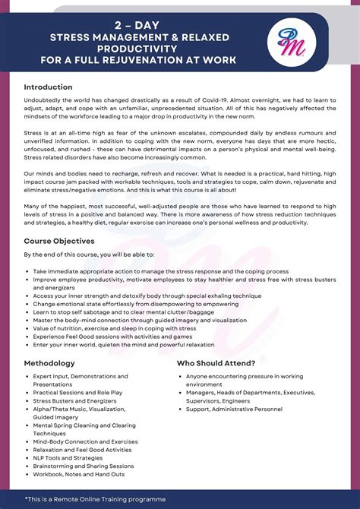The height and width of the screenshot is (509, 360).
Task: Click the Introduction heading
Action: tap(48, 87)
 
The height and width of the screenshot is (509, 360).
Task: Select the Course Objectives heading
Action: tap(58, 240)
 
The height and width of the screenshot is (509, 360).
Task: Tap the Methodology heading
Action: tap(49, 363)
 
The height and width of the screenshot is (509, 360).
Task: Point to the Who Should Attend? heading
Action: tap(216, 363)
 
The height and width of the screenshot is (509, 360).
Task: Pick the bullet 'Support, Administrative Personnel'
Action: tap(233, 409)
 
